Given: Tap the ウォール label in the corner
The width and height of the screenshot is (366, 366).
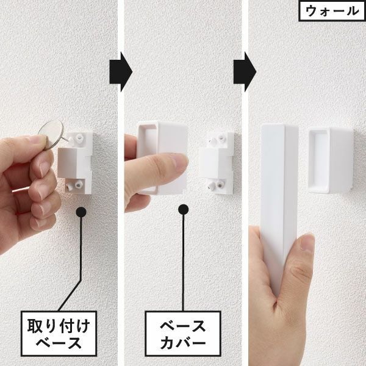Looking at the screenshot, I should [x=331, y=10].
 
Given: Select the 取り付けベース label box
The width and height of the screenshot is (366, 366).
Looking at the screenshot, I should [x=60, y=332].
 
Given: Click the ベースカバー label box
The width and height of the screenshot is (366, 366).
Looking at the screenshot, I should [x=182, y=332].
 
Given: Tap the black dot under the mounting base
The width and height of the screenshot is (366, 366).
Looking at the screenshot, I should [x=80, y=213].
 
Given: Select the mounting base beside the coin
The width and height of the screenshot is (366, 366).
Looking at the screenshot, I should [x=77, y=161].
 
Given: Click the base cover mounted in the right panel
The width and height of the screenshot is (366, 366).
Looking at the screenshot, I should [x=329, y=160].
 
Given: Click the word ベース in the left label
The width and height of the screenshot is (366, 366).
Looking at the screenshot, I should [x=60, y=342].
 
